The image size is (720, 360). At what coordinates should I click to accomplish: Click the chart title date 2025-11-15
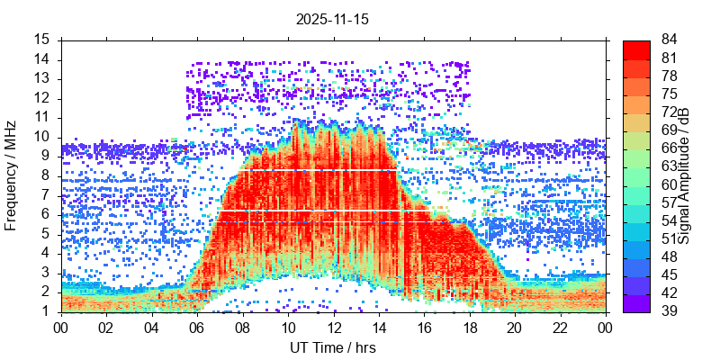pos(332,19)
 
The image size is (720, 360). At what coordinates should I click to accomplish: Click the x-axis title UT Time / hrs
pos(332,347)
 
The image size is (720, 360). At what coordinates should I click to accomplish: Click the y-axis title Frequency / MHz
pos(12,175)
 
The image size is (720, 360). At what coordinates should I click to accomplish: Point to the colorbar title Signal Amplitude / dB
pos(684,175)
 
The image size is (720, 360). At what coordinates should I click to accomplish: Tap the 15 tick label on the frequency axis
pos(42,40)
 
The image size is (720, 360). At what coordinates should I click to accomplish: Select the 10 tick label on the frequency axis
pos(42,137)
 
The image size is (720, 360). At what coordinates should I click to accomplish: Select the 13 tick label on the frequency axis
pos(42,78)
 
